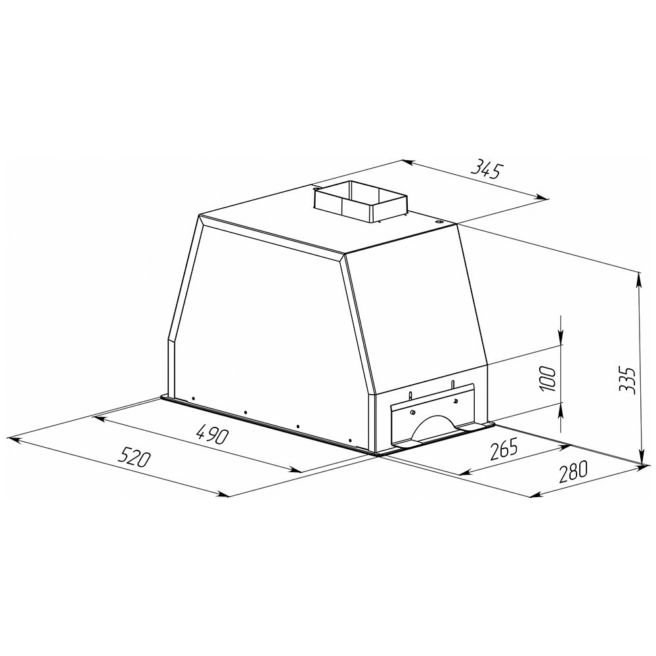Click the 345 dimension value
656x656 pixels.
pos(486,169)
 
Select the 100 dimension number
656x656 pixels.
pos(548,379)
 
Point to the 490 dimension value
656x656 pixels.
pos(213,433)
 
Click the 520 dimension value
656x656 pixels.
pos(133,456)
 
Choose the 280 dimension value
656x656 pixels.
pos(573,471)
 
